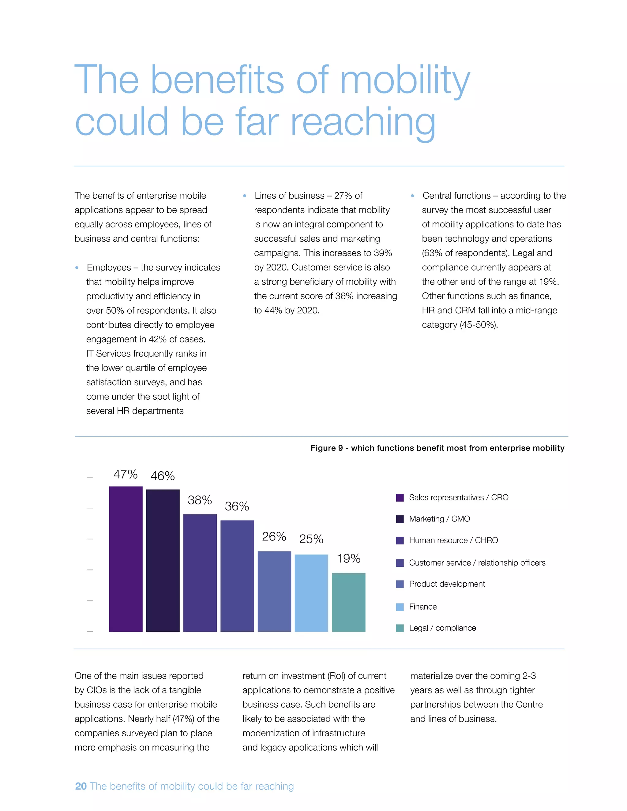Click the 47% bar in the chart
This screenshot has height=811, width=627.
point(126,559)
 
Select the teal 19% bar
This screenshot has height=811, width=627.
point(348,602)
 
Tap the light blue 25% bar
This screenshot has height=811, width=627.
point(311,593)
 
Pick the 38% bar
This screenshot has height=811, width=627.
point(200,573)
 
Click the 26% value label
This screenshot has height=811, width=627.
point(274,536)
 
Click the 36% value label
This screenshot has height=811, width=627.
point(237,506)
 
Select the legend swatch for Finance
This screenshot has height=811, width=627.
point(400,607)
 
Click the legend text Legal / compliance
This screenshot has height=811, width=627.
point(442,628)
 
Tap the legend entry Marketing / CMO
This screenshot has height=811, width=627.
point(439,519)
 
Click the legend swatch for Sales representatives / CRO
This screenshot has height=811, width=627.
point(400,498)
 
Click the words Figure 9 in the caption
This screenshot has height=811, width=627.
point(326,448)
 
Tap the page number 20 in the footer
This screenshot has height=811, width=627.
point(81,786)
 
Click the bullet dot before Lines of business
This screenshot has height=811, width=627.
point(244,196)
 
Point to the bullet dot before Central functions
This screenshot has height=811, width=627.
point(412,196)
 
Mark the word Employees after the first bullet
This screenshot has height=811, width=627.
point(108,268)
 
